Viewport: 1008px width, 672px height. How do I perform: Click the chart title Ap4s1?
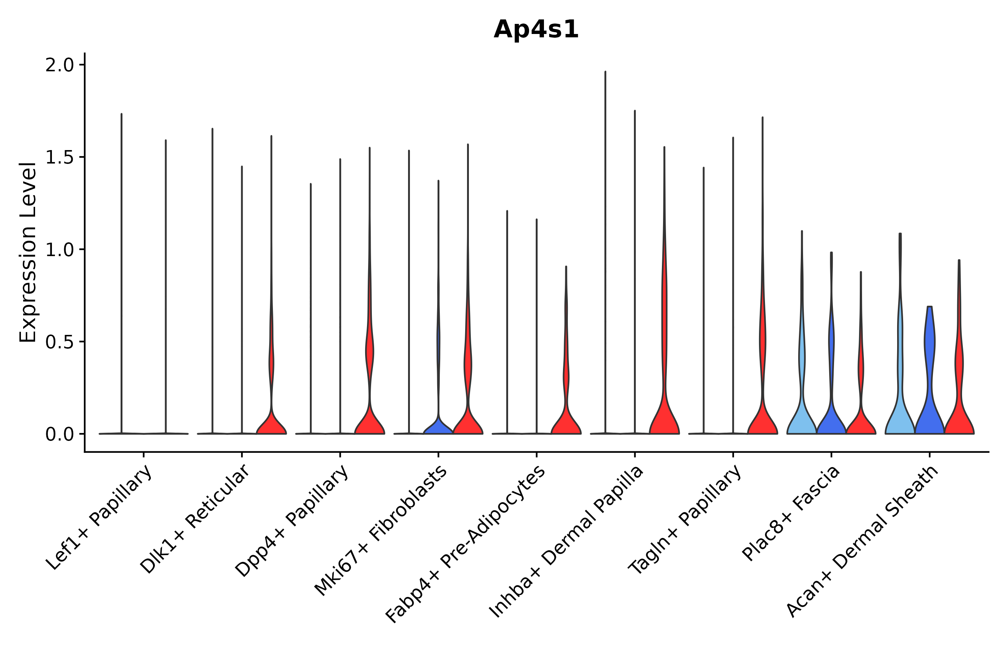(x=536, y=30)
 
